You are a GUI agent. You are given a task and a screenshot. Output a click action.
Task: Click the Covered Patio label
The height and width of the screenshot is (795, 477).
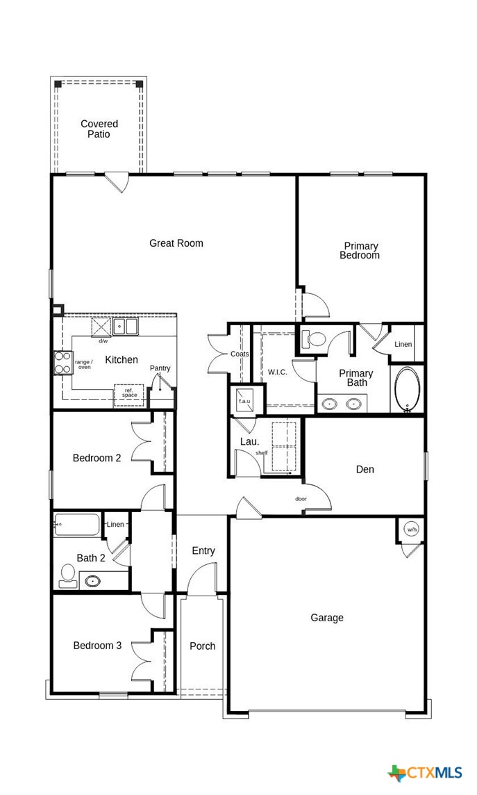(99, 129)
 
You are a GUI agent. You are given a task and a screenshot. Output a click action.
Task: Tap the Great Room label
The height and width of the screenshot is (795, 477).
(176, 243)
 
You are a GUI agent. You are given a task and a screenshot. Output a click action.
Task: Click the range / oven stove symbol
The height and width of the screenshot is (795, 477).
(63, 362)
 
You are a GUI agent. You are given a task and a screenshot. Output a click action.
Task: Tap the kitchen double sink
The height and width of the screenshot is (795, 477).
(126, 326)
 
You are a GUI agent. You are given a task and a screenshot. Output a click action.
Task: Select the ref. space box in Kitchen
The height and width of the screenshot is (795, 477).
(129, 394)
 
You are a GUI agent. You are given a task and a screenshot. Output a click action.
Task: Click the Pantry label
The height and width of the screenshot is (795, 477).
(160, 368)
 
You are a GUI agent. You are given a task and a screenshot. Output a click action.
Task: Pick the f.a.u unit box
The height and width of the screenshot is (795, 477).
(244, 401)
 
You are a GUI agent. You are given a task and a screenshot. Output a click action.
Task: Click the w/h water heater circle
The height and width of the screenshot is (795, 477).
(412, 530)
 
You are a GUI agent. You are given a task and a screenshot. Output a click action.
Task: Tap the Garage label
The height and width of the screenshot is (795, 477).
(326, 618)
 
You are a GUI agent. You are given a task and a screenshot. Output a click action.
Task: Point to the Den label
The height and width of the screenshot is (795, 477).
(365, 470)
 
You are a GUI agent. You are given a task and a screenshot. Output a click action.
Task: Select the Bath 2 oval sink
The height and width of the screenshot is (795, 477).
(92, 580)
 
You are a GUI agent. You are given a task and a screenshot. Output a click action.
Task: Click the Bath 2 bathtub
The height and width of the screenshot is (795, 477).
(77, 525)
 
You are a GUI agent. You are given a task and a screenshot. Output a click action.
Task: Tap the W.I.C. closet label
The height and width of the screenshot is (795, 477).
(277, 372)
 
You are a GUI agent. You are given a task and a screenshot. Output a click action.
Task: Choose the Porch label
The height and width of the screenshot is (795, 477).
(202, 646)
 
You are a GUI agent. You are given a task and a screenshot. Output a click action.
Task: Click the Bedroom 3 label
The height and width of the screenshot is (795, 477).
(97, 646)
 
